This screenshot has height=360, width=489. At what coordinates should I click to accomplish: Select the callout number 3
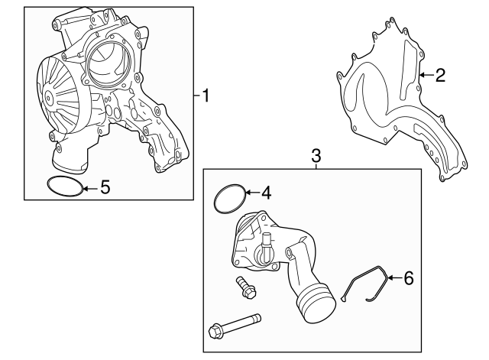tap(316, 156)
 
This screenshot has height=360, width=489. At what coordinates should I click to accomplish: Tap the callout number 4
tap(267, 193)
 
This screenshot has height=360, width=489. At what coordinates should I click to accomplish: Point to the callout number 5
tap(105, 186)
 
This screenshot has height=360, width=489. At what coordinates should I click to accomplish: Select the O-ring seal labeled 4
tap(229, 199)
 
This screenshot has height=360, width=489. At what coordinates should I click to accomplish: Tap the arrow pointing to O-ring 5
tap(89, 186)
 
